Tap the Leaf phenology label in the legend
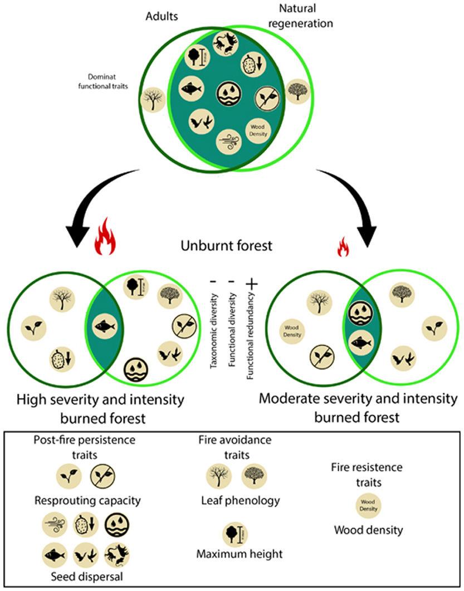[240, 500]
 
